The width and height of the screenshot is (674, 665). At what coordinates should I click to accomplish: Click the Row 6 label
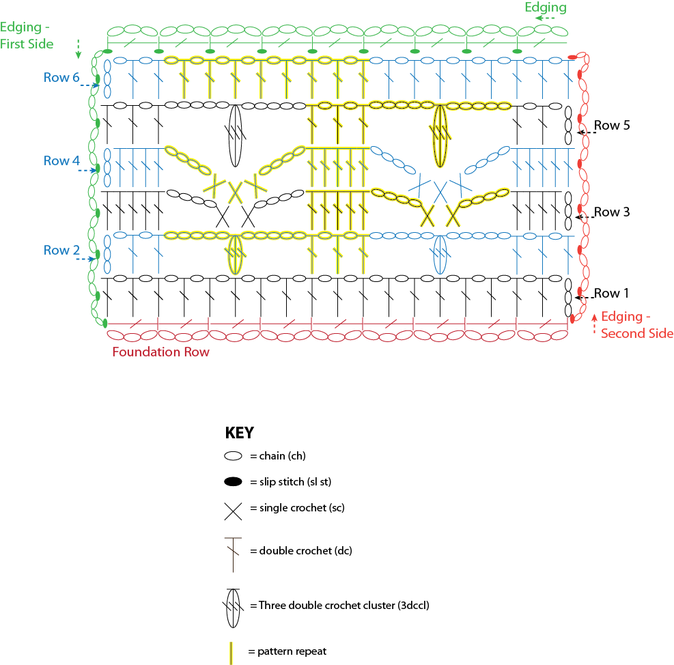[61, 77]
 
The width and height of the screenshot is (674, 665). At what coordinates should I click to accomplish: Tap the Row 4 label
[61, 160]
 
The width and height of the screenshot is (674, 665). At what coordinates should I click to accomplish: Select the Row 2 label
[61, 250]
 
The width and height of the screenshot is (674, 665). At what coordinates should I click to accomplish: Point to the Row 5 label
[612, 126]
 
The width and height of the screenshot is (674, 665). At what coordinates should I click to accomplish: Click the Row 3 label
[612, 212]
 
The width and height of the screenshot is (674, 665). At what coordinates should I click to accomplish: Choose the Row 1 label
[611, 293]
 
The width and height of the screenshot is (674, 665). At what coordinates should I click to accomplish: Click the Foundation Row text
[160, 352]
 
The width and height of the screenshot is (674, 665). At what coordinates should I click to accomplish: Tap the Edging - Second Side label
[637, 325]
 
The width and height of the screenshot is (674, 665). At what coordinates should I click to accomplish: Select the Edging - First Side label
[27, 36]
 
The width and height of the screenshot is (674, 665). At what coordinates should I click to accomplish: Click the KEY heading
[240, 432]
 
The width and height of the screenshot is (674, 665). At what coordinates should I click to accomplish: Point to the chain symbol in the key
[233, 455]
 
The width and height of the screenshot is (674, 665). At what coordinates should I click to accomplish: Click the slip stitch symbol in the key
[233, 481]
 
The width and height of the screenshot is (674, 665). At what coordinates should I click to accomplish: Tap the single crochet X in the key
[233, 511]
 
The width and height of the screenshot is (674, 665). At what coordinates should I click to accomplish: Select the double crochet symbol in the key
[233, 554]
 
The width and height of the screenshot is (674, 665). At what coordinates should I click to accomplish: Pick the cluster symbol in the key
[233, 608]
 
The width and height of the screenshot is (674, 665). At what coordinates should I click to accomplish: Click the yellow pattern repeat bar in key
[231, 653]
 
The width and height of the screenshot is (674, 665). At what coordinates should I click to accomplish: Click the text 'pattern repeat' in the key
[292, 651]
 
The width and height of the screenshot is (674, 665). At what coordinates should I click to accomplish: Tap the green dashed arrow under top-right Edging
[545, 18]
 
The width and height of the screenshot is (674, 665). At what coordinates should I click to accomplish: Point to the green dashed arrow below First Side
[79, 49]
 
